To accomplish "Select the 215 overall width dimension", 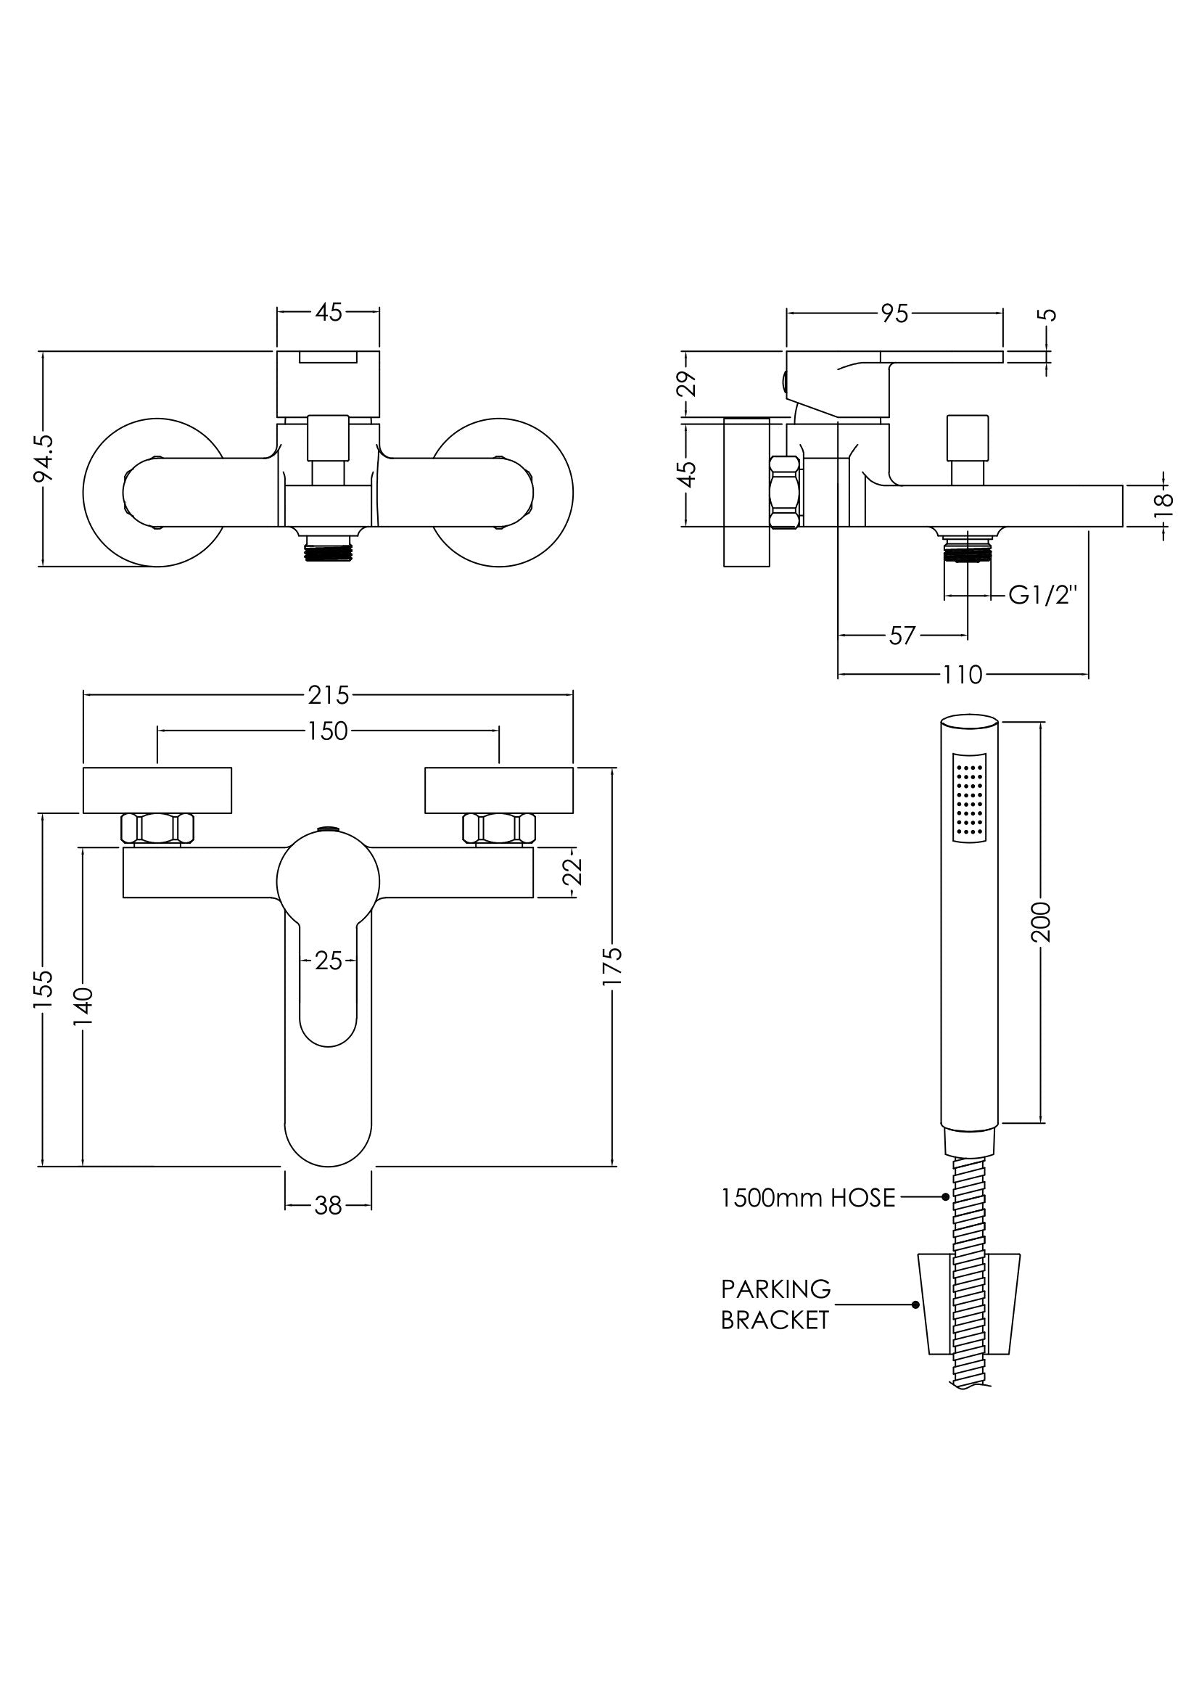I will tap(328, 695).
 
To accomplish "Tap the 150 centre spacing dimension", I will tap(328, 731).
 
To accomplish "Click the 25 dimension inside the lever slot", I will tap(328, 961).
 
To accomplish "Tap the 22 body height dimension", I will tap(574, 871).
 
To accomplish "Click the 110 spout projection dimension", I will tap(963, 674).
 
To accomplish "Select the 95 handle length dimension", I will tap(894, 313).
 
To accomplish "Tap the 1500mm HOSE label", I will tap(808, 1197).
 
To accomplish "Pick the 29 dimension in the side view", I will tap(688, 385).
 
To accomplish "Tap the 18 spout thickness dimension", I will tap(1164, 500).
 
